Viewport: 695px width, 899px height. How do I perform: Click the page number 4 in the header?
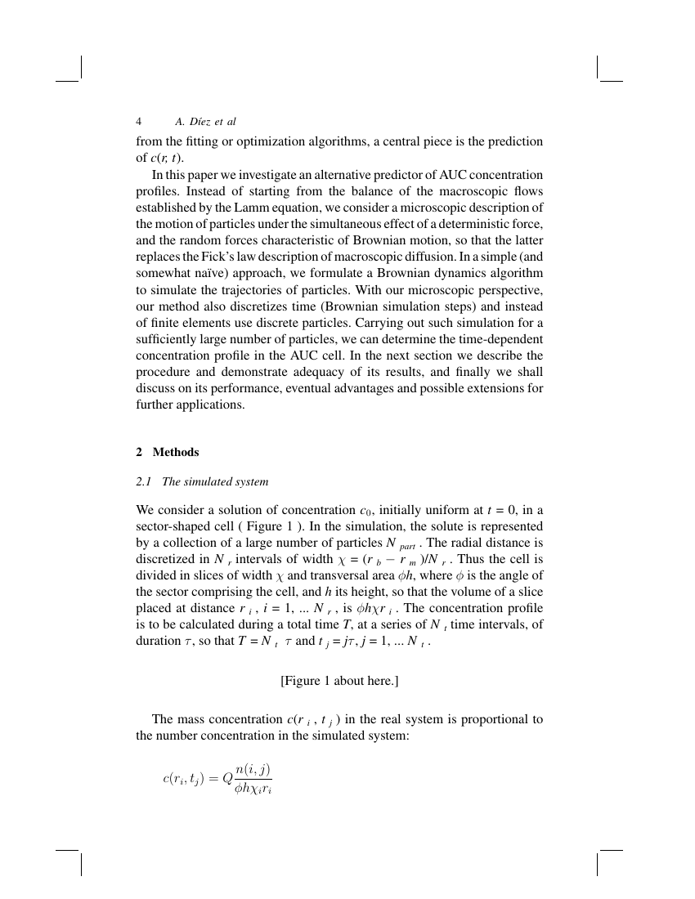tap(139, 122)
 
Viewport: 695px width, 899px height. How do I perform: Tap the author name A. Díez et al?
tap(205, 122)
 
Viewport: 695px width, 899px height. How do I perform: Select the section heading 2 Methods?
tap(168, 452)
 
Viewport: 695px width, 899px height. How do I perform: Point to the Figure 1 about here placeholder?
tap(339, 680)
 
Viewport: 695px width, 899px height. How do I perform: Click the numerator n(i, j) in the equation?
tap(252, 768)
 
